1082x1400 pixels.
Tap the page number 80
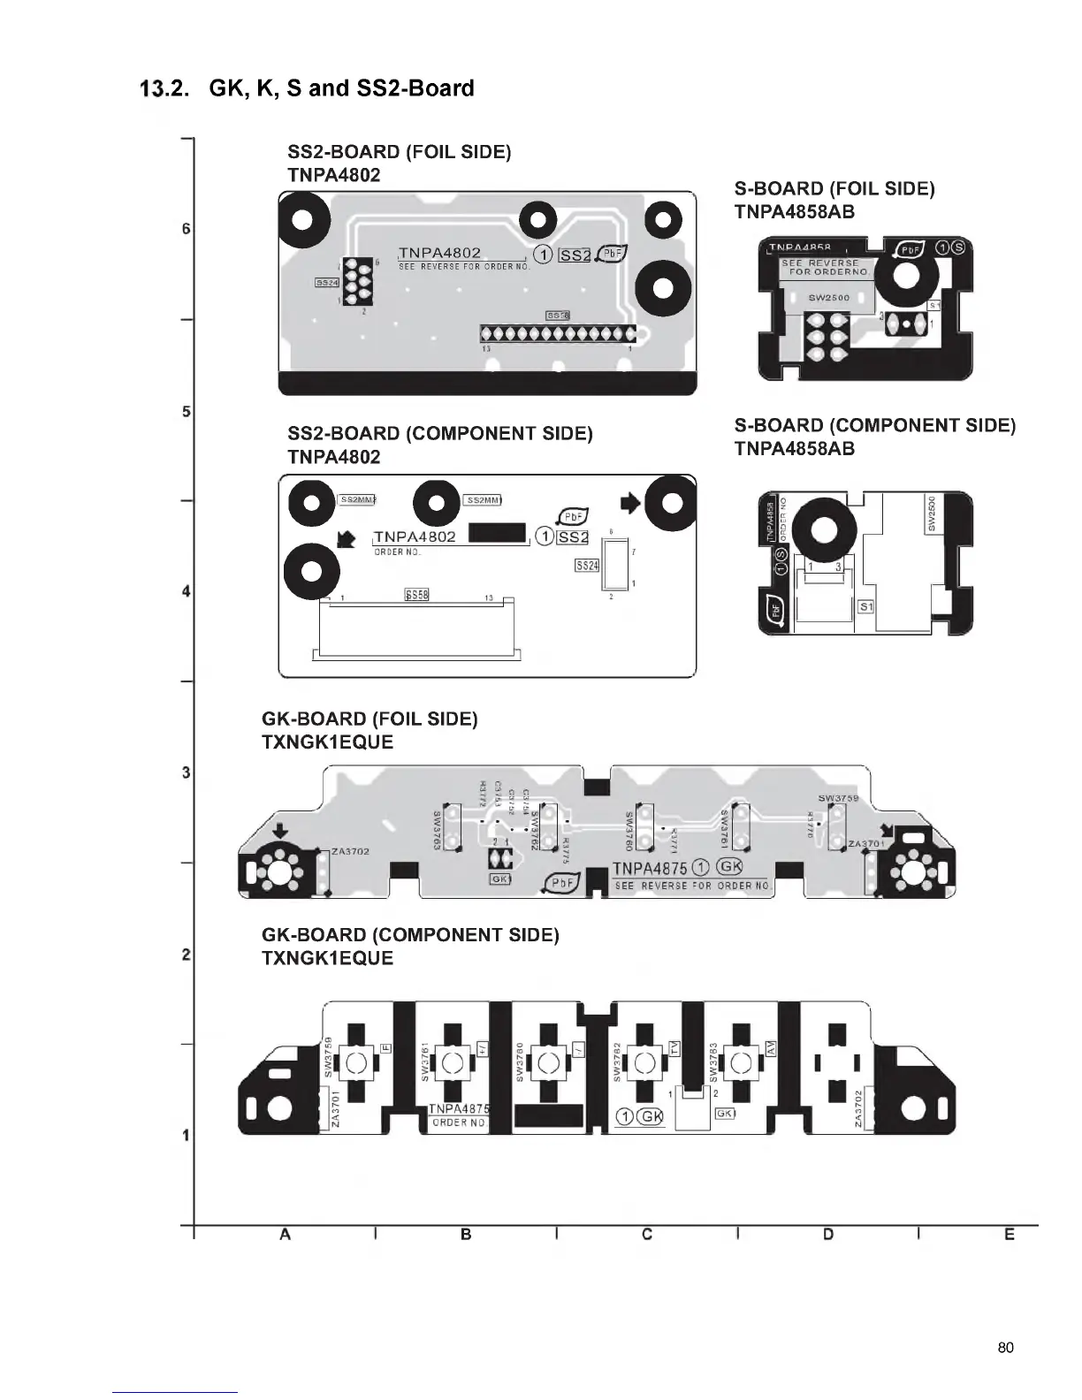1005,1347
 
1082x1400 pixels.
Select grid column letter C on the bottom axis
647,1234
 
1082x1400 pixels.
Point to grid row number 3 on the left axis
186,773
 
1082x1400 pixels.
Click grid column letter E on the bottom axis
1010,1234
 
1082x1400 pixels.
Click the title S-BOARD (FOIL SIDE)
834,188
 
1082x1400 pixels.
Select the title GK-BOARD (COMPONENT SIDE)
410,935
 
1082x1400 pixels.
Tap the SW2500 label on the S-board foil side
828,298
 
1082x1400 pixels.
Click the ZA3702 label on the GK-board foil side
350,851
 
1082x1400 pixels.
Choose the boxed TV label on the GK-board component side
674,1047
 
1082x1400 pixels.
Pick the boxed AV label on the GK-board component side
770,1047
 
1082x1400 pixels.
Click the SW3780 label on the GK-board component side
521,1061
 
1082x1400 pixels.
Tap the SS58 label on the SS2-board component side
416,595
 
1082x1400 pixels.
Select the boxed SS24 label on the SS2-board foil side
326,283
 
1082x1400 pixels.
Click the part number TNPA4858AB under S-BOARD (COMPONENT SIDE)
794,449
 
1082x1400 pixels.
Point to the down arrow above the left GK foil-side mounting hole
280,831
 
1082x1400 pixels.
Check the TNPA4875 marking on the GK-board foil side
650,868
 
